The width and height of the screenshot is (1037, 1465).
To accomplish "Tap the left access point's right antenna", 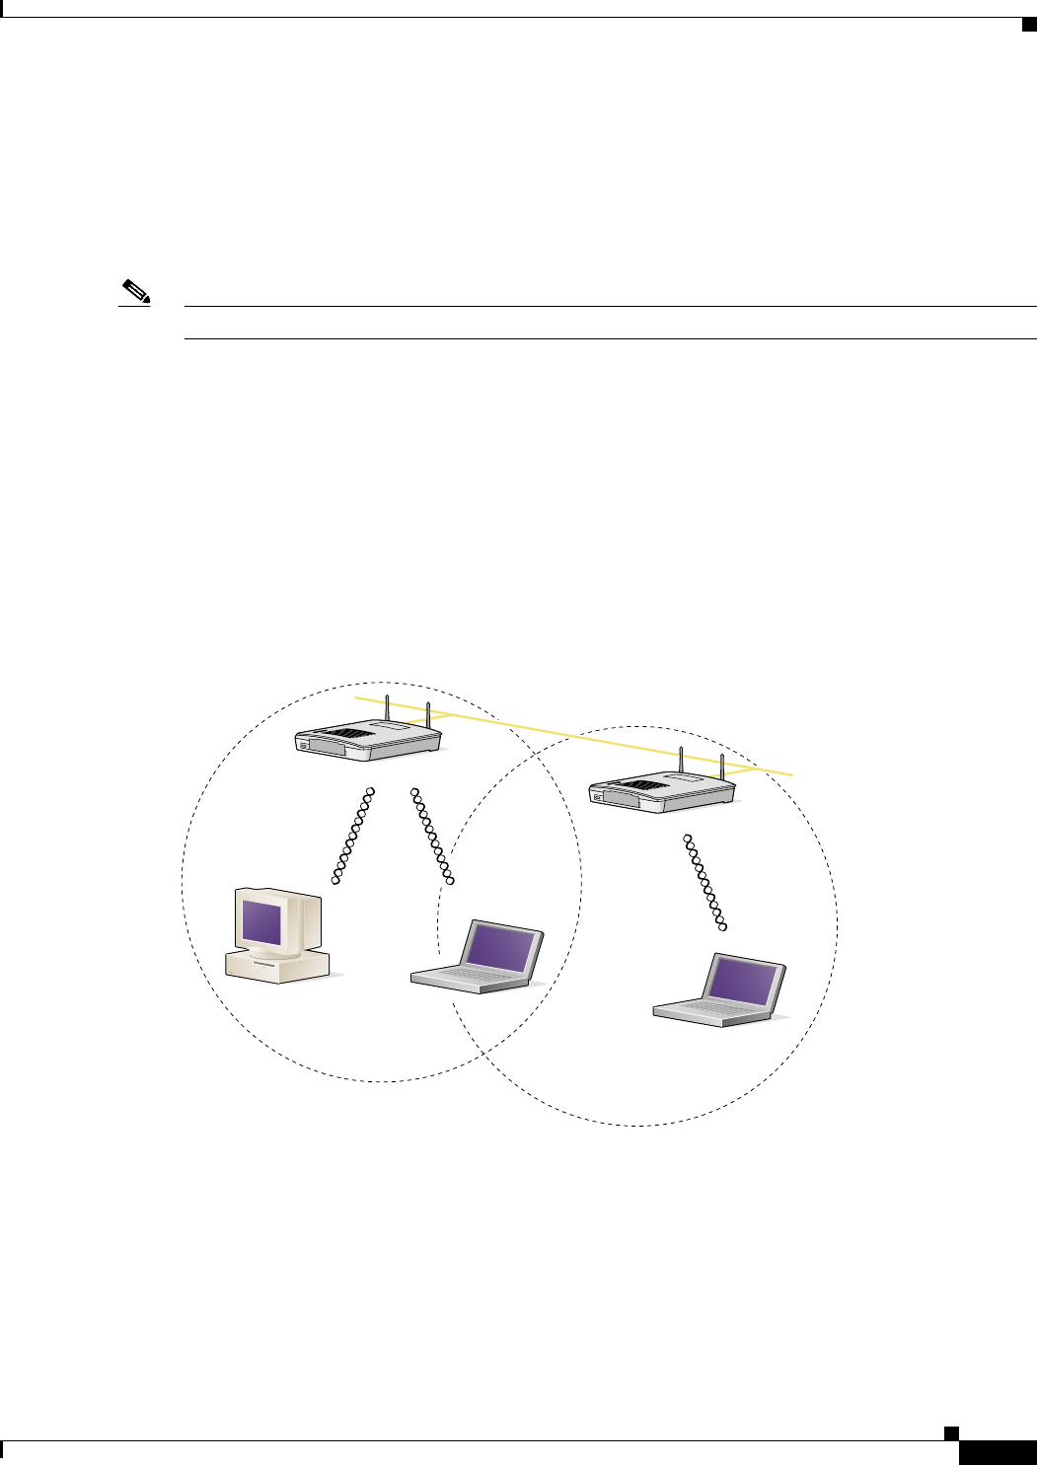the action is pos(427,714).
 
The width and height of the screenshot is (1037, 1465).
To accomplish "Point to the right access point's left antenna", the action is pos(681,763).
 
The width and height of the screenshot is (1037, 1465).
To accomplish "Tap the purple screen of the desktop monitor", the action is pos(263,919).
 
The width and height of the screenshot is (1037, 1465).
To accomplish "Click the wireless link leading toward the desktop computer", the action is pos(354,836).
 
